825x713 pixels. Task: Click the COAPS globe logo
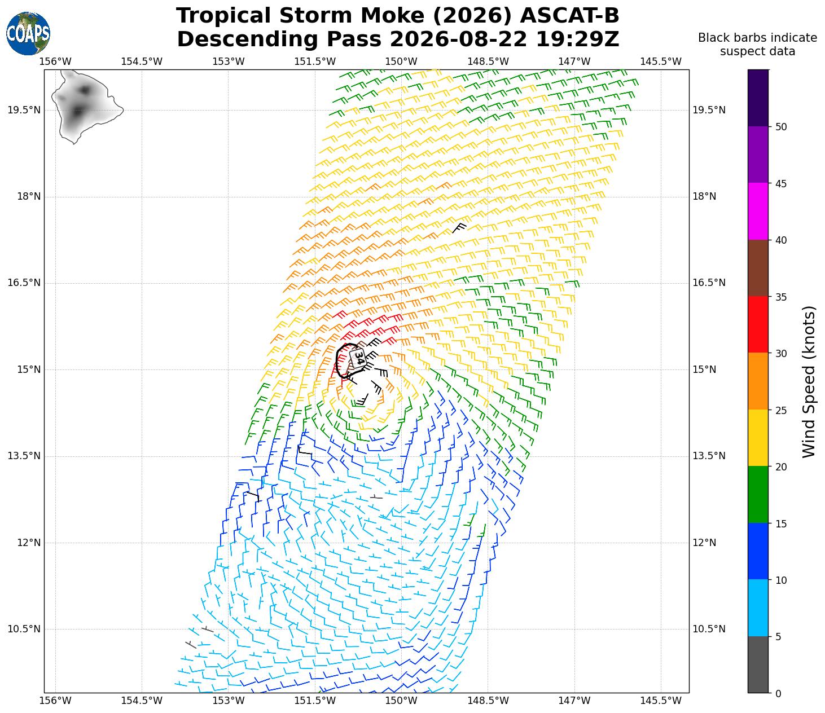click(28, 33)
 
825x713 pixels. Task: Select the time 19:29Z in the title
click(577, 39)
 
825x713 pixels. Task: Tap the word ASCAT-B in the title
click(569, 16)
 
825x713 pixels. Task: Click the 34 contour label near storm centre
click(358, 358)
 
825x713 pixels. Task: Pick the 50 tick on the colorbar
click(781, 127)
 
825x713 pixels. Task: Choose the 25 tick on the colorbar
click(781, 410)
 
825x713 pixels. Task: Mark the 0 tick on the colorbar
click(778, 694)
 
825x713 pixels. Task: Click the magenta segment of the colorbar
click(758, 212)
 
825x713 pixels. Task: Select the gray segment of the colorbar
click(758, 664)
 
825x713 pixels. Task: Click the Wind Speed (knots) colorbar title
click(809, 382)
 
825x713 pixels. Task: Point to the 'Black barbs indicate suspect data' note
click(757, 45)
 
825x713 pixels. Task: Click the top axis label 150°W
click(401, 61)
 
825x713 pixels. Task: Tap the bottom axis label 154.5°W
click(142, 701)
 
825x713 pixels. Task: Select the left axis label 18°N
click(29, 197)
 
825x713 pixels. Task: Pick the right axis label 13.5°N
click(709, 456)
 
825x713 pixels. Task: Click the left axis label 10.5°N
click(24, 629)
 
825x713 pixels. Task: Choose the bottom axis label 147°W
click(574, 701)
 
